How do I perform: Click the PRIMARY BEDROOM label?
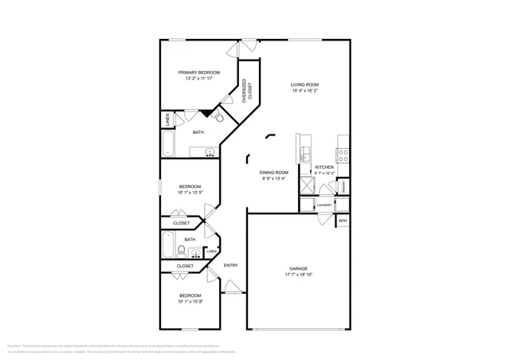[198, 72]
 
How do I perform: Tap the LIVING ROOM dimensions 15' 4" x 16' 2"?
[304, 91]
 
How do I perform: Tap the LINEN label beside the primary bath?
[167, 119]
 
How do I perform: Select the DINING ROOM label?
[273, 172]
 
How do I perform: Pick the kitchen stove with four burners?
[343, 154]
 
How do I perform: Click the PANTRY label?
[343, 186]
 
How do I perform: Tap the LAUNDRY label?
[324, 205]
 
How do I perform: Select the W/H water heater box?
[343, 220]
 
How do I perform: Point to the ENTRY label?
[231, 265]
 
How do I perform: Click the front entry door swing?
[231, 286]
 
